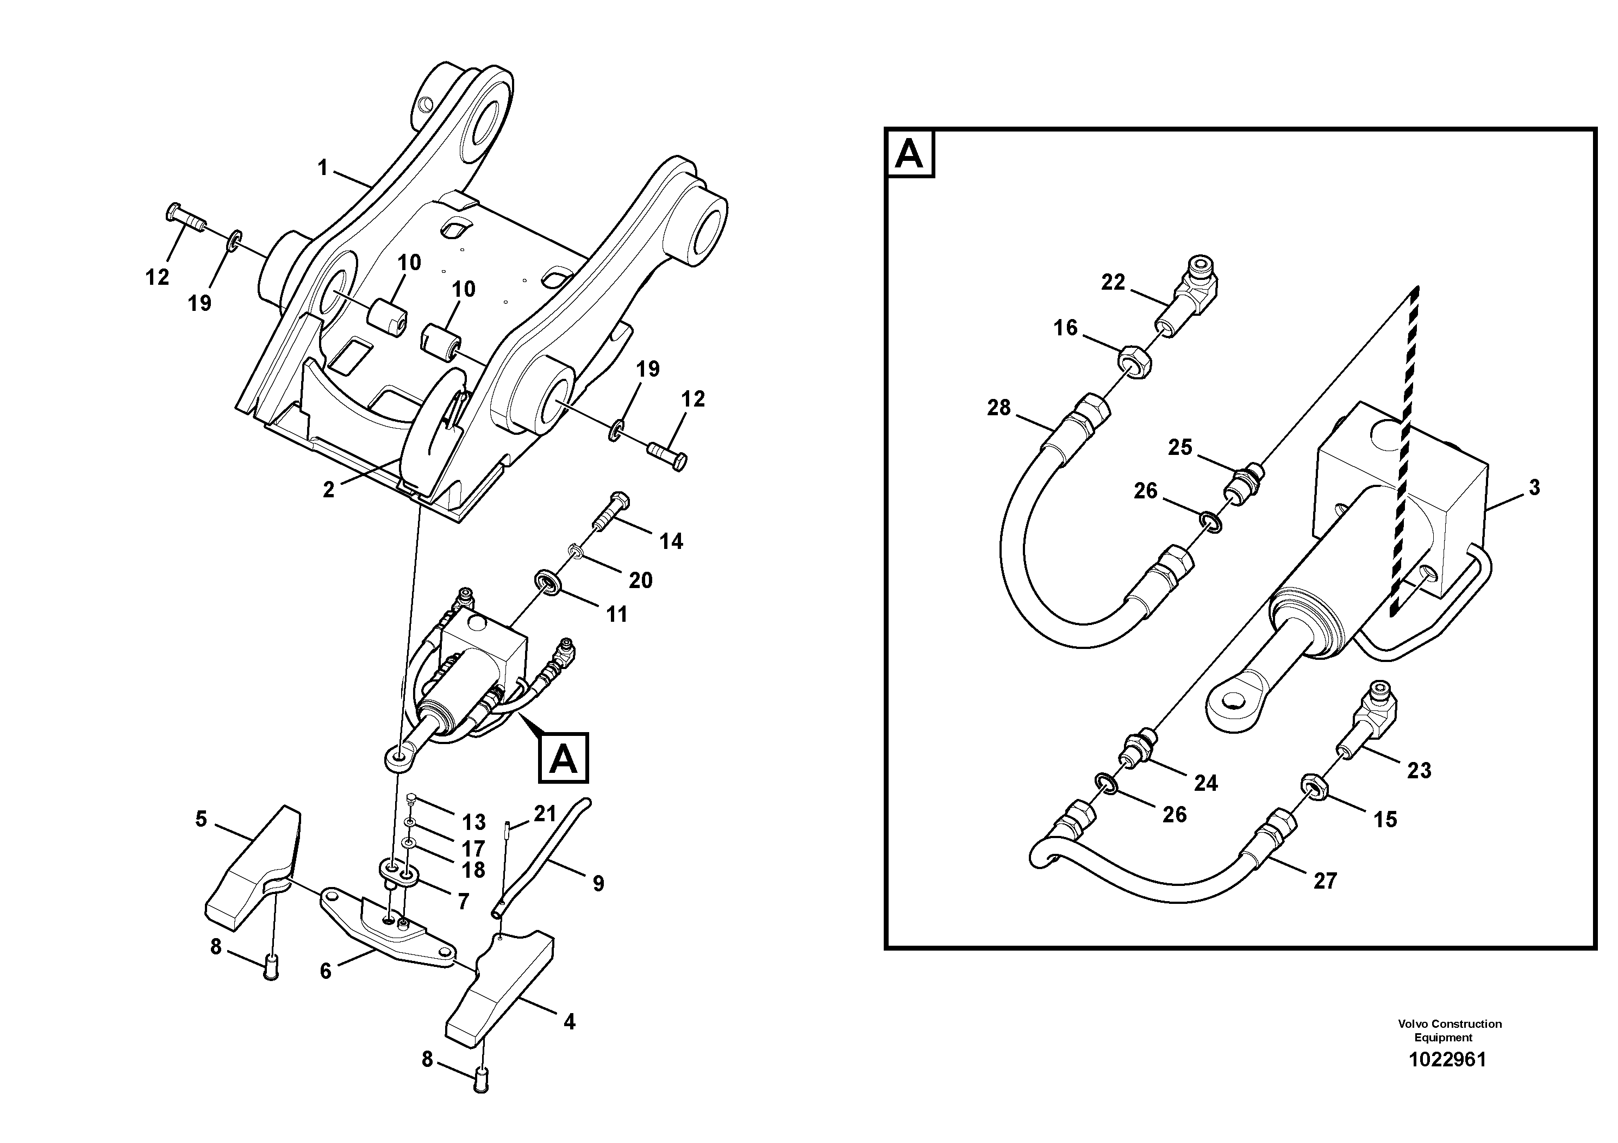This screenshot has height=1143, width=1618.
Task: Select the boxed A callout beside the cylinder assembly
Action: click(x=563, y=758)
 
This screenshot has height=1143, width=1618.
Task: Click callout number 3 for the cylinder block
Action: click(x=1534, y=487)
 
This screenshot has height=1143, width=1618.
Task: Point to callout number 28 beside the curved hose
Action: click(x=998, y=407)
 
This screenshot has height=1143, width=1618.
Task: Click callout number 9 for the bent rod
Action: click(x=598, y=883)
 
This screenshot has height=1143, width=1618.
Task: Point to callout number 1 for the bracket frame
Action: click(x=323, y=168)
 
